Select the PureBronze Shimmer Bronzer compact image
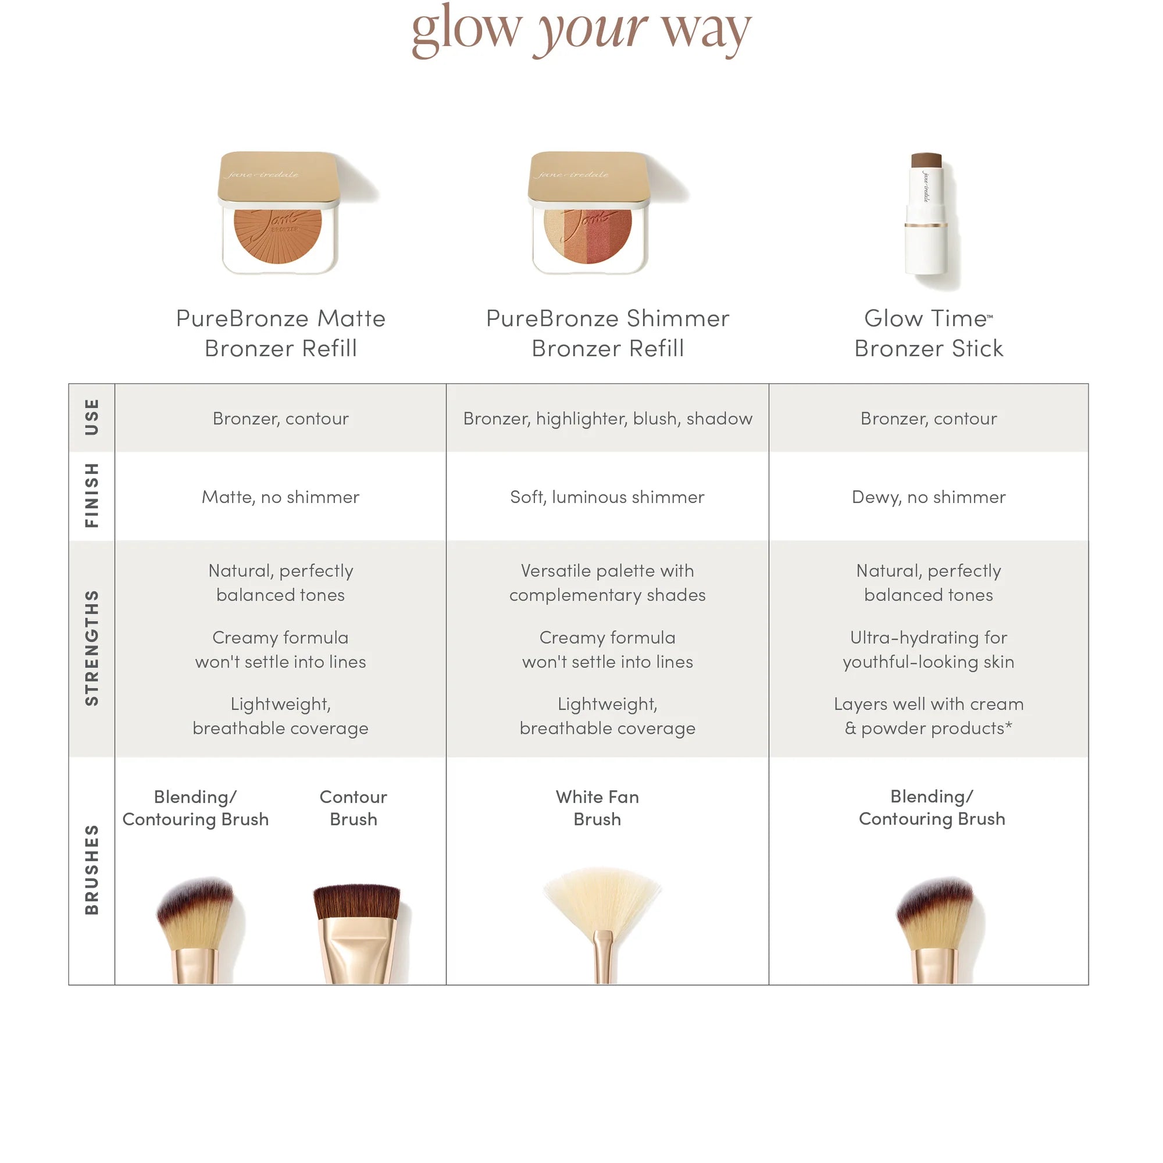588,213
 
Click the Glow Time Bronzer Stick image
926,219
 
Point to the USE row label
91,417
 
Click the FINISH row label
91,495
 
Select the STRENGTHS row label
91,648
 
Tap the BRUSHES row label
91,870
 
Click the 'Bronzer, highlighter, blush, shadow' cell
608,418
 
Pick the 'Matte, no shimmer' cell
280,497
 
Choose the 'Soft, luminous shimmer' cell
608,497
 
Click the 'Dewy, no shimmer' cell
928,497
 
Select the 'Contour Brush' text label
354,808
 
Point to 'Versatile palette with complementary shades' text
608,582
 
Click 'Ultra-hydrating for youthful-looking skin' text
928,650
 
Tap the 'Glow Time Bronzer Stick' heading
928,333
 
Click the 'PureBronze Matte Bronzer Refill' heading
280,333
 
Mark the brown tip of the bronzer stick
926,161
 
